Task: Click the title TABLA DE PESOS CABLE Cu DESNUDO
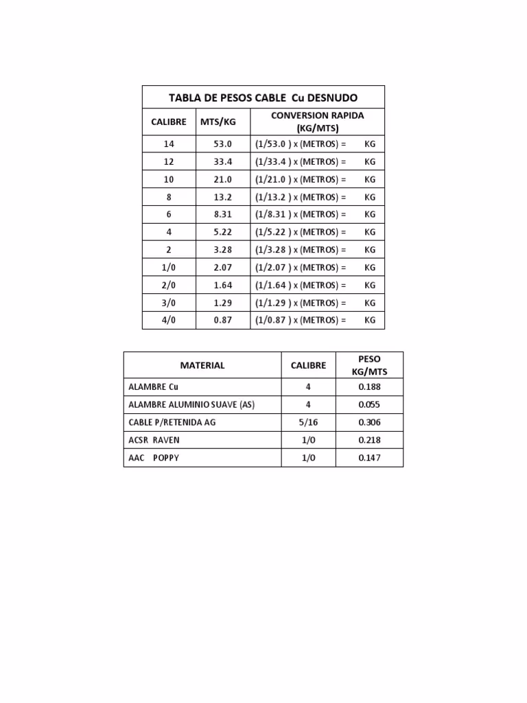pyautogui.click(x=263, y=97)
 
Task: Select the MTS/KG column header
pyautogui.click(x=218, y=122)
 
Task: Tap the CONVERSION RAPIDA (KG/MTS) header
pyautogui.click(x=317, y=122)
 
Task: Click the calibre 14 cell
pyautogui.click(x=169, y=144)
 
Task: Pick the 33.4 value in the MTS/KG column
pyautogui.click(x=223, y=162)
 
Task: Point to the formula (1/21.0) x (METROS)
pyautogui.click(x=301, y=179)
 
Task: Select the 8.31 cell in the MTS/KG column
pyautogui.click(x=223, y=215)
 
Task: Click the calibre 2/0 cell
pyautogui.click(x=169, y=285)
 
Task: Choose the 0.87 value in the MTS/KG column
pyautogui.click(x=223, y=321)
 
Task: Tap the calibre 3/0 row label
pyautogui.click(x=169, y=303)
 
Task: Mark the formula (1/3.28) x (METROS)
pyautogui.click(x=301, y=250)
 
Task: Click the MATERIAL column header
pyautogui.click(x=202, y=365)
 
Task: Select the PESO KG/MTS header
pyautogui.click(x=369, y=365)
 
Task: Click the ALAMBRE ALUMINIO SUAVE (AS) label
pyautogui.click(x=191, y=405)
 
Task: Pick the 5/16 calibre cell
pyautogui.click(x=308, y=423)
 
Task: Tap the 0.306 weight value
pyautogui.click(x=369, y=423)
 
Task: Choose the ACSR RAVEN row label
pyautogui.click(x=154, y=440)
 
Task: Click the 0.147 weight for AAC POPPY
pyautogui.click(x=369, y=458)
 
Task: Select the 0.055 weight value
pyautogui.click(x=369, y=405)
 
